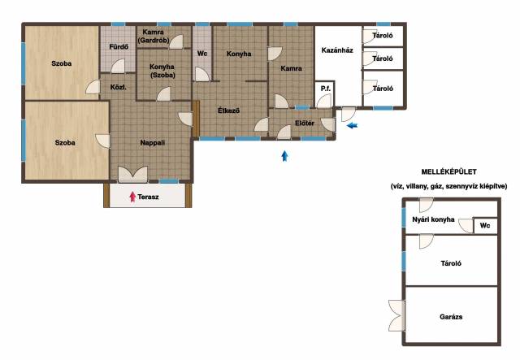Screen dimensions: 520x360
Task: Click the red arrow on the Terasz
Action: (132, 197)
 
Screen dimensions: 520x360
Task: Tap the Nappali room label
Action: (153, 143)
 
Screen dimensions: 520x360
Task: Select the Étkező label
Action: (229, 111)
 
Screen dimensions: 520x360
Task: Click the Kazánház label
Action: (337, 50)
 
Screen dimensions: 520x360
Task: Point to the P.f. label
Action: (326, 89)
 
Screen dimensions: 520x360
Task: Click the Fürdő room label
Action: (119, 47)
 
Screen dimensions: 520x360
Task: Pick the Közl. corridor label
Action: (119, 88)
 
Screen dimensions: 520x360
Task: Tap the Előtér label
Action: (305, 123)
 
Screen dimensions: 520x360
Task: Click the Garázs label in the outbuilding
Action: (451, 317)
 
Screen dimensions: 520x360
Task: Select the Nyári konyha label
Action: (433, 219)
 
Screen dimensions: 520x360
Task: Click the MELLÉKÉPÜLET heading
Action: (449, 171)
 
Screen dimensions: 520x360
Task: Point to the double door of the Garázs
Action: (397, 315)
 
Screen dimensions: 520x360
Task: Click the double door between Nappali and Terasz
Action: (133, 174)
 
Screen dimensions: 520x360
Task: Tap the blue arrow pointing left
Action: (353, 125)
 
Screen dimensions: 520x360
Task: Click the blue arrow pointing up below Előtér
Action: (284, 156)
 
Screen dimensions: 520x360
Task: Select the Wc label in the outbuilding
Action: (485, 225)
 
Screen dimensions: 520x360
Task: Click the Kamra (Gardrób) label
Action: (154, 37)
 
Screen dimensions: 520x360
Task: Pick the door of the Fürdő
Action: (118, 66)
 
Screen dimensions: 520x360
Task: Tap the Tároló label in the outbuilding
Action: (451, 263)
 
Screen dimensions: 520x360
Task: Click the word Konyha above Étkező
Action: (239, 54)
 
